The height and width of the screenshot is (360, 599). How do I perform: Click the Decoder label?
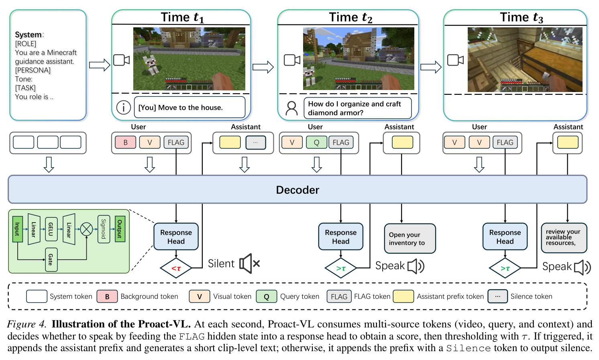click(x=297, y=190)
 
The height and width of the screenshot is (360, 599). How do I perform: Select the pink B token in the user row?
click(x=125, y=142)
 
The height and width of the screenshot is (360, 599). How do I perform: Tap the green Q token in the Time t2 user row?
click(x=316, y=142)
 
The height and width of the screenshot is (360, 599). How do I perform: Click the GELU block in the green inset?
click(x=51, y=229)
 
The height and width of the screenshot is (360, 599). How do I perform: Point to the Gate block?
click(x=51, y=260)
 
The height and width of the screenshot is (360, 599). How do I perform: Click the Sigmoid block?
click(x=104, y=229)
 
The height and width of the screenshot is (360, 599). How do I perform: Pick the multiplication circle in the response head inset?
click(x=86, y=229)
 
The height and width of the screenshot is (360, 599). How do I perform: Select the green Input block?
click(x=17, y=229)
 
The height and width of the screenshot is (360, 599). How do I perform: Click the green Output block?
click(x=120, y=229)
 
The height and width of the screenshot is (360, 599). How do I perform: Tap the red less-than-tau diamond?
click(x=176, y=268)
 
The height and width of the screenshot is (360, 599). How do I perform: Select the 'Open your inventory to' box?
click(x=410, y=239)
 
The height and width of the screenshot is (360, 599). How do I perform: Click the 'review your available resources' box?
click(x=564, y=238)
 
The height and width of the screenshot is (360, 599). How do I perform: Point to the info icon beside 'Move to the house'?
click(x=124, y=108)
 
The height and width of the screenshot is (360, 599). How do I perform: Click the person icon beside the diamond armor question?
click(x=291, y=108)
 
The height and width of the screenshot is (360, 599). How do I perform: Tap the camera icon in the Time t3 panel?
click(x=455, y=60)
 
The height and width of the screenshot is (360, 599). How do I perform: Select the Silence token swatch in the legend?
click(x=497, y=296)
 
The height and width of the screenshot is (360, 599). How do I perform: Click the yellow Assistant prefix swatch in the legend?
click(x=403, y=296)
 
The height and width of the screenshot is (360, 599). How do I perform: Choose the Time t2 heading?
click(x=350, y=17)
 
